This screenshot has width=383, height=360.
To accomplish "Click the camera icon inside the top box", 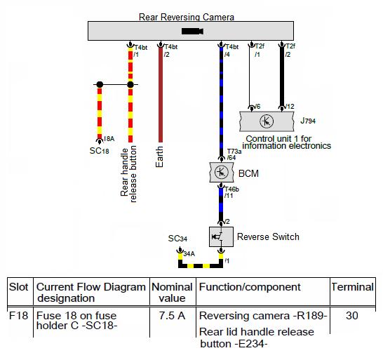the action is [192, 32].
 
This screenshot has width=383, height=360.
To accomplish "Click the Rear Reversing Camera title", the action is [187, 17].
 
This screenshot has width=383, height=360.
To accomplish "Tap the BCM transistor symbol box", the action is [222, 172].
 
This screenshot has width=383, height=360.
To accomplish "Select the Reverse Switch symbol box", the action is [221, 236].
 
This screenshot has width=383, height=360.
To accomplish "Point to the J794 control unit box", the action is [267, 121].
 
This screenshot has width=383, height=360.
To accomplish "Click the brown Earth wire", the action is [161, 94].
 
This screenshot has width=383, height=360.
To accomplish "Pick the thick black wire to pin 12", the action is [282, 76].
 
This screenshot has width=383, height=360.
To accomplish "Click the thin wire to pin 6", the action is [250, 76].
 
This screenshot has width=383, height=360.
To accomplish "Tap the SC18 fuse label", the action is [99, 151].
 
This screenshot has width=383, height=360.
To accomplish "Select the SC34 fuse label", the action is [177, 239].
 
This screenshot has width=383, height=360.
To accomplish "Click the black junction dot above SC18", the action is [100, 85].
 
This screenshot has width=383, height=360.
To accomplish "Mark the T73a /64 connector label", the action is [234, 154].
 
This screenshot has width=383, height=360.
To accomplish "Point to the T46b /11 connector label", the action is [231, 192].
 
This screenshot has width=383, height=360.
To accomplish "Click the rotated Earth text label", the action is [159, 156].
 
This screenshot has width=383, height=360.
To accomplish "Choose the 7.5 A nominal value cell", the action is [172, 316].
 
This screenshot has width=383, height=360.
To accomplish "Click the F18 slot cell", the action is [18, 316].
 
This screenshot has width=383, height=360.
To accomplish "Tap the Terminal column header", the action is [352, 287].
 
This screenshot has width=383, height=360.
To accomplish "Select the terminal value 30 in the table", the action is [352, 316].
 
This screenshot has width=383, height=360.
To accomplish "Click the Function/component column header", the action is [250, 287].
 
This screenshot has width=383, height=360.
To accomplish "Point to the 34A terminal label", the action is [189, 254].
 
